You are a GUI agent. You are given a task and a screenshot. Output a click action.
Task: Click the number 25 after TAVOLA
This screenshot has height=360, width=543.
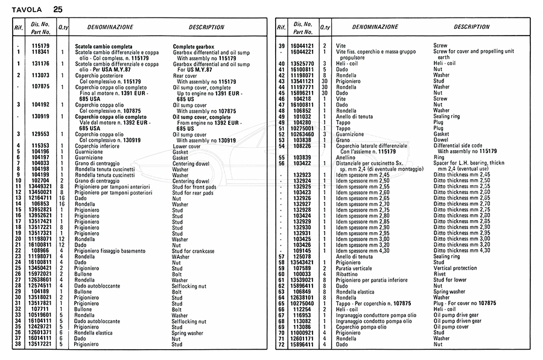pos(57,9)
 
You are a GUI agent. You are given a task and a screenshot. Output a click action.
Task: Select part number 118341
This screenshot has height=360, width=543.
pos(40,52)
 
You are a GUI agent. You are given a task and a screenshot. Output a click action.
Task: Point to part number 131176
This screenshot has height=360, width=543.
pos(40,64)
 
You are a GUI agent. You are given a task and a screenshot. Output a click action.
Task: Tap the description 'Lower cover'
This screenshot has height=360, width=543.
pos(187,146)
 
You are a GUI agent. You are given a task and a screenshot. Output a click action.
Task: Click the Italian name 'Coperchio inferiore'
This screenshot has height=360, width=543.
pos(96,146)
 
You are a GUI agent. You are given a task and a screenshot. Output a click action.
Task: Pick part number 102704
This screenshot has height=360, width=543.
pos(40,181)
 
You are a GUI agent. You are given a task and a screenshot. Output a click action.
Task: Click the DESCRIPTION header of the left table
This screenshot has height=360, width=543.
pos(206,28)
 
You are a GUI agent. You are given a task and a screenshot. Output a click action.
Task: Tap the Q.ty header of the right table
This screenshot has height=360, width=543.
pos(325,28)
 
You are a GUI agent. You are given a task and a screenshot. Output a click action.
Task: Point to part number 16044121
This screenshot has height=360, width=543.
pos(303,46)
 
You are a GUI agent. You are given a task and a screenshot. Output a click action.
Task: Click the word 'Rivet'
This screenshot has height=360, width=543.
pos(441,274)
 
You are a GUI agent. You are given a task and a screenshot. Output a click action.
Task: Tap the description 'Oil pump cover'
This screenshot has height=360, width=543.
pos(453,327)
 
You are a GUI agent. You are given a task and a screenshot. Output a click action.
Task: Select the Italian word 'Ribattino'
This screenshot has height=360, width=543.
pos(349,274)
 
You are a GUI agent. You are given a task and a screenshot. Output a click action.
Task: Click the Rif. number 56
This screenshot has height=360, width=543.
pos(281,163)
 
